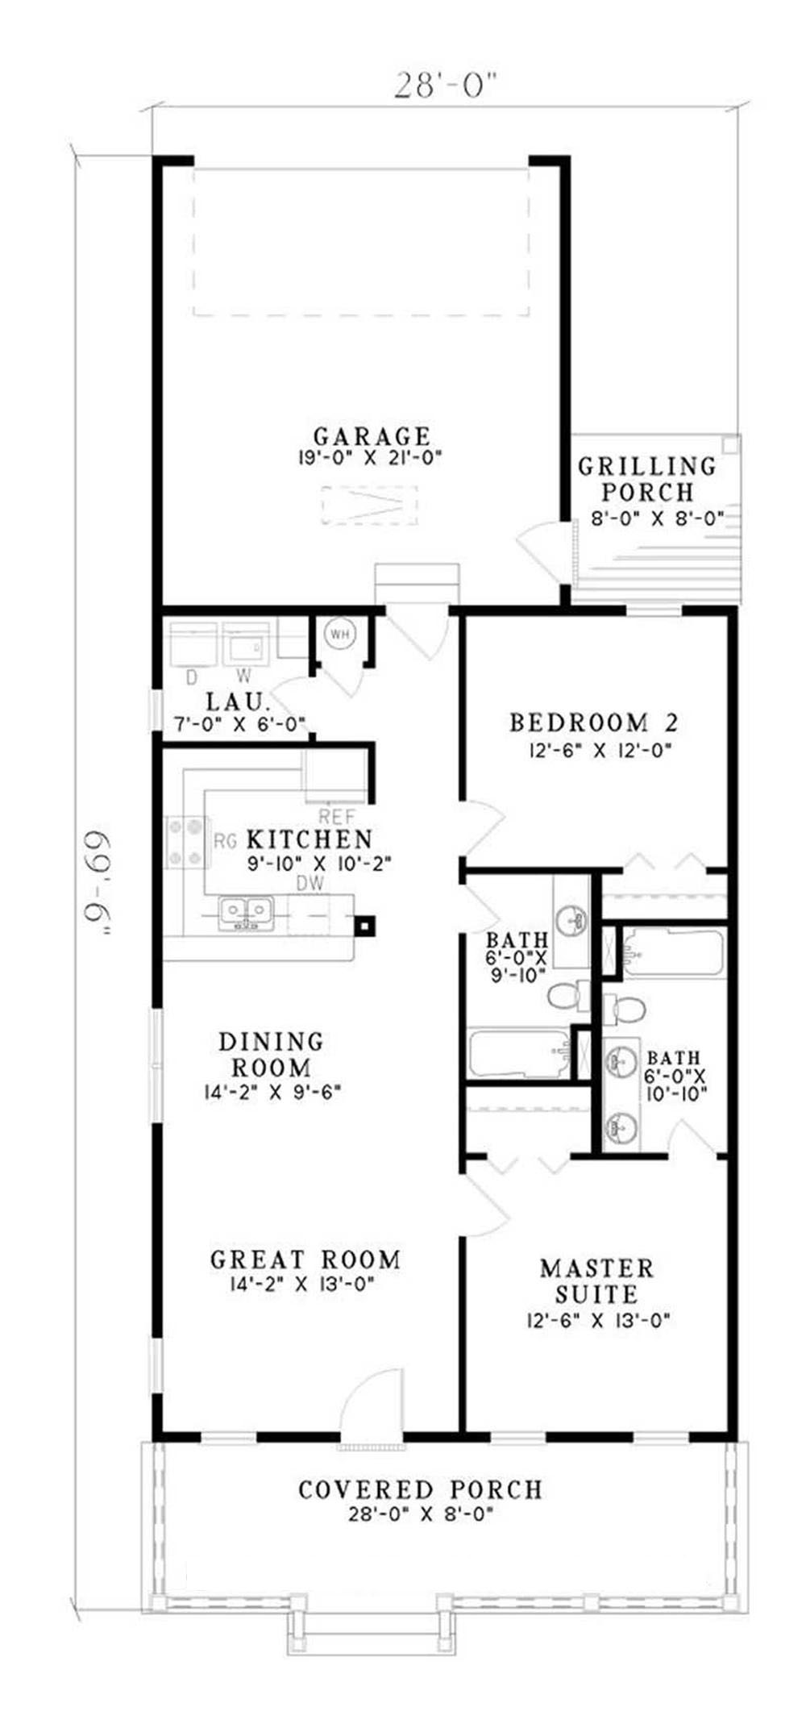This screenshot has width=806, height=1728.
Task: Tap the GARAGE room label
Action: click(372, 437)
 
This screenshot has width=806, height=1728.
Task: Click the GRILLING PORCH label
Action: click(647, 478)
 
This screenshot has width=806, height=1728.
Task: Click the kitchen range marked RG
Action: click(185, 842)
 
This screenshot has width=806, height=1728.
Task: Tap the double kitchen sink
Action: click(247, 914)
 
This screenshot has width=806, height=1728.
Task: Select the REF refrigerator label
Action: click(337, 816)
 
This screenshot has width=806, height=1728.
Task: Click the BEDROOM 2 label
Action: click(594, 722)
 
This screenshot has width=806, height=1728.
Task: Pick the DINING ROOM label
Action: click(272, 1055)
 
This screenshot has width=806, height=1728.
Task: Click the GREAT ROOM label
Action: click(305, 1260)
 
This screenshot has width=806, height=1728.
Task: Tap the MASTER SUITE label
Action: click(596, 1281)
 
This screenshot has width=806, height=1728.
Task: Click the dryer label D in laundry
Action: click(192, 676)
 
